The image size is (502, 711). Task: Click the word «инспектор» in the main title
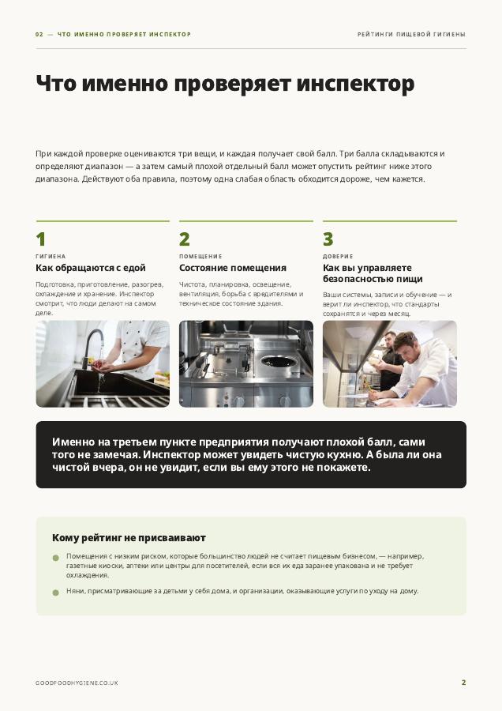355,85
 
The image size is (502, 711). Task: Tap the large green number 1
41,239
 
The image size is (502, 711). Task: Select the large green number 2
185,239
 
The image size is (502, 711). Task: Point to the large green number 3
328,239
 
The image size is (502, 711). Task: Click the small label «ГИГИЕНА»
51,257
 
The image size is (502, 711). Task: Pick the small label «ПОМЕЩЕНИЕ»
200,257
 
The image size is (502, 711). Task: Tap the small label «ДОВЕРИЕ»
338,257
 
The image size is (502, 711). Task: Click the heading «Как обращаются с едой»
91,268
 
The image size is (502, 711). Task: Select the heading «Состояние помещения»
233,268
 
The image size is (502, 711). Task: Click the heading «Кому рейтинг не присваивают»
129,538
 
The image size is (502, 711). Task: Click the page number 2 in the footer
463,683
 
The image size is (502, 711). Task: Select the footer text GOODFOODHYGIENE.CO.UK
77,683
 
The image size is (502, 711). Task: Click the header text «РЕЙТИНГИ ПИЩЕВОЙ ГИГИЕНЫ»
411,35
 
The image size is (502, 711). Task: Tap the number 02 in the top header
39,35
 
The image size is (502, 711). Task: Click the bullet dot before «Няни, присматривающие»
56,592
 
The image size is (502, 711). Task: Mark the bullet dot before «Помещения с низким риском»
56,558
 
